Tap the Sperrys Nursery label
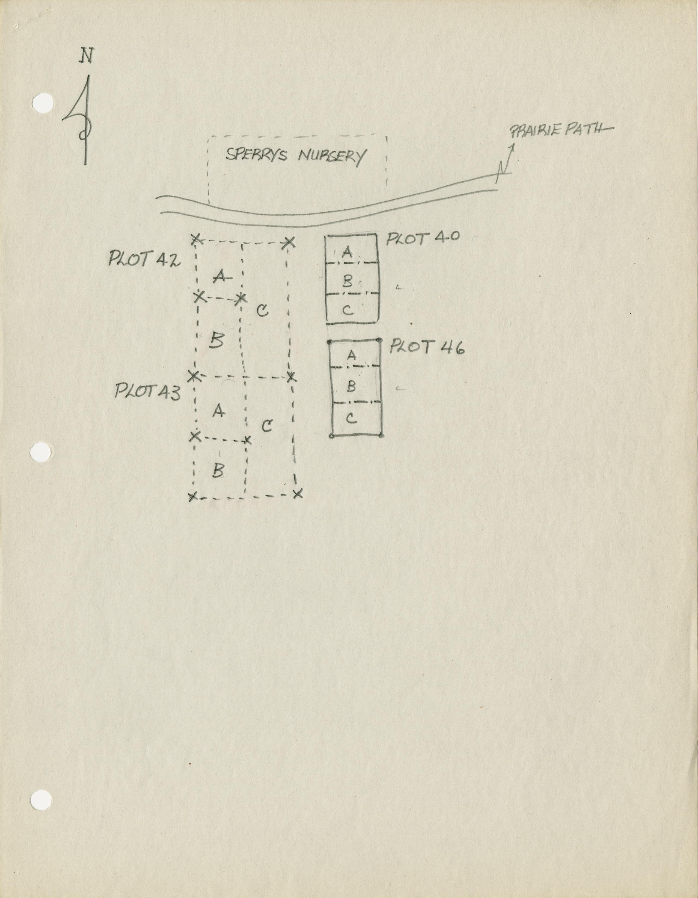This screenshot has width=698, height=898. (295, 156)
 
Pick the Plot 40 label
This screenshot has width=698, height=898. (423, 238)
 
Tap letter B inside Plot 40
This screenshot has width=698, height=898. (348, 281)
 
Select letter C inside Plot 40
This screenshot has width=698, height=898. (348, 310)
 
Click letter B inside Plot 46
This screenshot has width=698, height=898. (351, 386)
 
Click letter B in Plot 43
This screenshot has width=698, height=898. (218, 470)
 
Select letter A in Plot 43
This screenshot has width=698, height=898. (218, 410)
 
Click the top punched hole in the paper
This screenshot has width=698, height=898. (43, 103)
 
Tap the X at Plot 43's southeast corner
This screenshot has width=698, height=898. (298, 493)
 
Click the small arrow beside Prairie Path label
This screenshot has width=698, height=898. (505, 162)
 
